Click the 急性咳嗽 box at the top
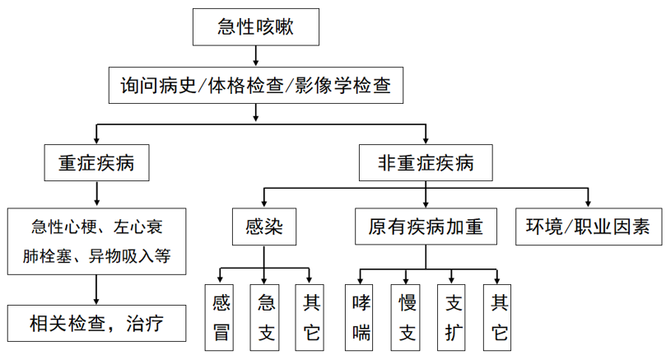coord(256,28)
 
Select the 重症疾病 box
coord(97,163)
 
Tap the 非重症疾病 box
coord(426,163)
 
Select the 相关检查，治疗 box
coord(97,324)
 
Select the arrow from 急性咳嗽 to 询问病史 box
coord(256,56)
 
